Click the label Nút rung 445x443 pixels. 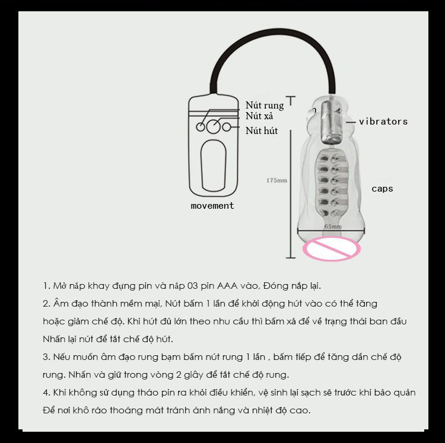[265, 105]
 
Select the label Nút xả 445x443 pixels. [259, 116]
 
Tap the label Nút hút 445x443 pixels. [262, 130]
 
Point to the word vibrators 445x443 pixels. [383, 122]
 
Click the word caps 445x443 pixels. [382, 189]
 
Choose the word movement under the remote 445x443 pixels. [212, 206]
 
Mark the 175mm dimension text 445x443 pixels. [276, 180]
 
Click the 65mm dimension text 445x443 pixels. [333, 227]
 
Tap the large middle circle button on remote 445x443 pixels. [213, 126]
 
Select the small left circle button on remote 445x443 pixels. [201, 127]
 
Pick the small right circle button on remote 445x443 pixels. [227, 127]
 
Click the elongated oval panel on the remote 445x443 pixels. [214, 165]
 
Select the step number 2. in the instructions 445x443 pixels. [46, 304]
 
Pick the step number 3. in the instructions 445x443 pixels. [46, 357]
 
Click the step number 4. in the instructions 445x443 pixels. [46, 393]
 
